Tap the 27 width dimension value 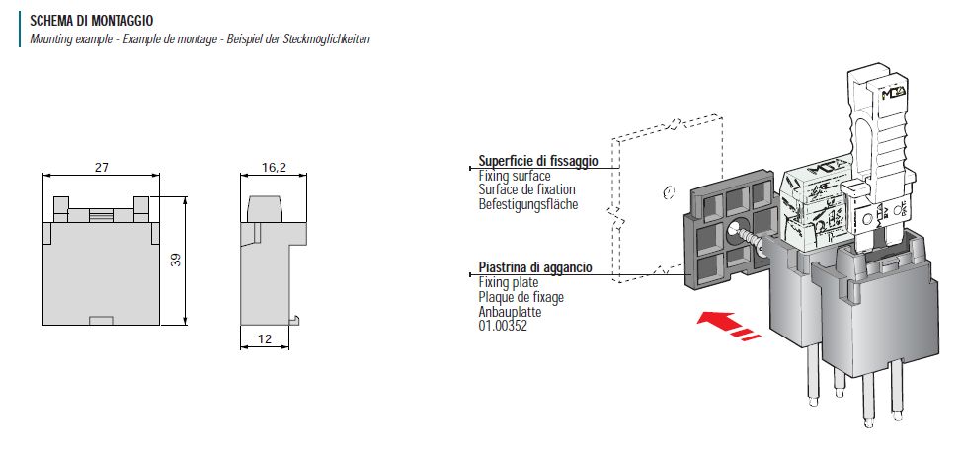coord(101,168)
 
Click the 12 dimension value coord(265,339)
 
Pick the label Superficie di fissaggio coord(537,161)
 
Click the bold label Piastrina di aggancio coord(534,268)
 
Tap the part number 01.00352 coord(504,325)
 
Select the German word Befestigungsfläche coord(528,204)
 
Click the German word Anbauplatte coord(511,311)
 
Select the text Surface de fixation coord(526,189)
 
